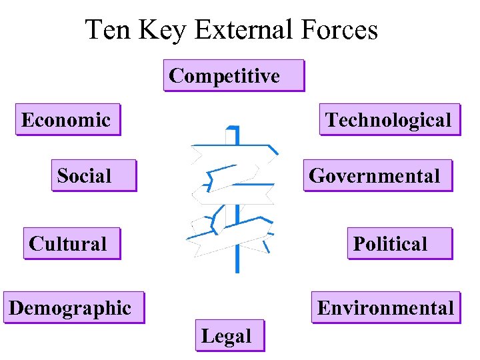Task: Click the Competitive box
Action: (x=233, y=75)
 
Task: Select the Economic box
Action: (x=67, y=119)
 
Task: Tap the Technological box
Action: (x=389, y=119)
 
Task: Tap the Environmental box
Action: (x=385, y=307)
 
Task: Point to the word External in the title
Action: (x=249, y=30)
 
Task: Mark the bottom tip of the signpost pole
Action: (x=237, y=270)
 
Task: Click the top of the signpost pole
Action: (x=232, y=128)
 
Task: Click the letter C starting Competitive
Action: (x=176, y=76)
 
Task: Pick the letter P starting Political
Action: (x=359, y=243)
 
